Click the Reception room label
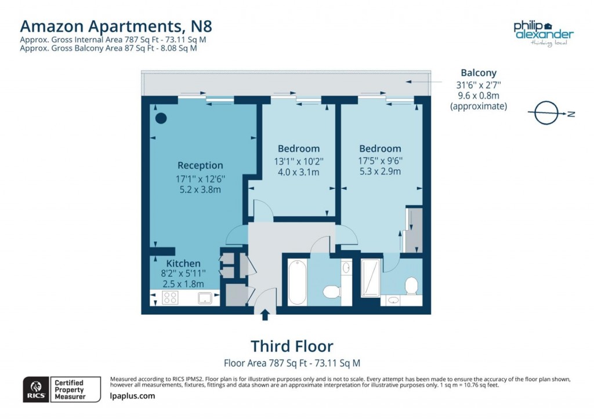pos(200,165)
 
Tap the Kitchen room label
pos(183,263)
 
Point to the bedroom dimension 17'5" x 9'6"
pos(380,161)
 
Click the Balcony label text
pos(479,73)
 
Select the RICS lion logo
pos(35,389)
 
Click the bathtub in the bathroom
pos(295,282)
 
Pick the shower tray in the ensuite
pos(370,278)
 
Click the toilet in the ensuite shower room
pos(411,285)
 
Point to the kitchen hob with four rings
pos(171,298)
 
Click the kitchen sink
pos(204,298)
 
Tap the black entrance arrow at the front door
pos(266,315)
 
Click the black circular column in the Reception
pos(161,118)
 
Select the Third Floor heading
pos(292,347)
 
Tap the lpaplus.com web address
pos(132,396)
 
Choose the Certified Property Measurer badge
pos(68,389)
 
